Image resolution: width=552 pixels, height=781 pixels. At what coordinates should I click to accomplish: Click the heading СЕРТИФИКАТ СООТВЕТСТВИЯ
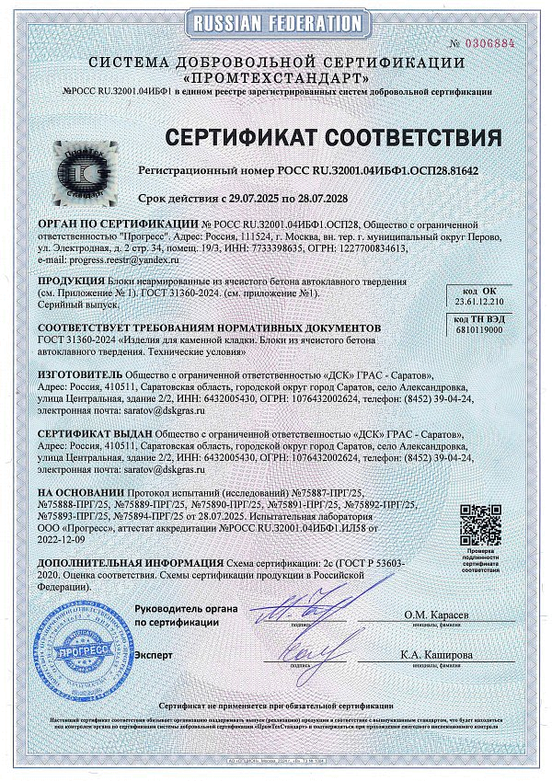click(334, 138)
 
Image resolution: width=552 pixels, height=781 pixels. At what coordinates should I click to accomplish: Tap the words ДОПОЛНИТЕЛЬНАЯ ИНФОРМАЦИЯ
click(119, 560)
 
